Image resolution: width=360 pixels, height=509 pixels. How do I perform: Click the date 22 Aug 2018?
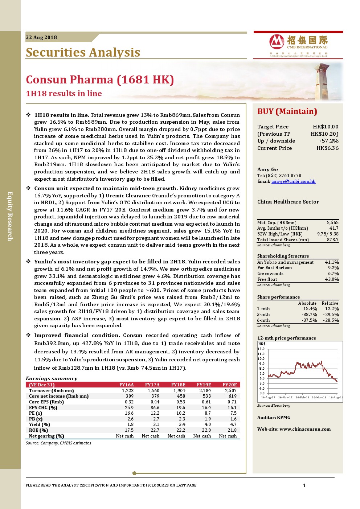click(x=41, y=37)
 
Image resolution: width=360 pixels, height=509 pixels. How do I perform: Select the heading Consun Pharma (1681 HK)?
click(x=100, y=79)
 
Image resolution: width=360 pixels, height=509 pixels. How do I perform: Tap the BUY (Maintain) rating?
click(x=287, y=111)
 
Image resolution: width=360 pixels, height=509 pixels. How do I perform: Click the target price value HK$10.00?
click(x=326, y=127)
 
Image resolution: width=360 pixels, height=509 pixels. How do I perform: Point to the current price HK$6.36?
click(x=327, y=148)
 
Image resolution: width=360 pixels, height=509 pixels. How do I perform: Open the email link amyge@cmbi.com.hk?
click(x=293, y=181)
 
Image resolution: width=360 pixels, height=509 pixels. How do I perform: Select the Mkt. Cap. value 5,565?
click(x=332, y=223)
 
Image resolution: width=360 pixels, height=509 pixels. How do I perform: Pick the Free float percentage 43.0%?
click(x=332, y=279)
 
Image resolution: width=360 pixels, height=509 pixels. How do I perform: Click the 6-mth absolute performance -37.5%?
click(x=309, y=320)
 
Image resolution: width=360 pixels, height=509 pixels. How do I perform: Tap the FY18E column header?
click(x=178, y=385)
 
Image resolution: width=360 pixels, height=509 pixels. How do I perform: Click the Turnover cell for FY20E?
click(x=230, y=391)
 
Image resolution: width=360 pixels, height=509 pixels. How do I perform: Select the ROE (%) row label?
click(x=38, y=430)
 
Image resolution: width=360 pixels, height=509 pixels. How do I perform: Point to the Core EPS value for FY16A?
click(x=129, y=402)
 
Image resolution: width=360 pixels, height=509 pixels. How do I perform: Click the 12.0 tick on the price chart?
click(x=261, y=349)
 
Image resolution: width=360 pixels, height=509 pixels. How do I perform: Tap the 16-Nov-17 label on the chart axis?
click(x=285, y=397)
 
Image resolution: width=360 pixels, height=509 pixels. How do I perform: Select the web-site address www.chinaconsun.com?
click(x=305, y=429)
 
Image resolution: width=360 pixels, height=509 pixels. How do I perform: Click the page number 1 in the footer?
click(x=304, y=485)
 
